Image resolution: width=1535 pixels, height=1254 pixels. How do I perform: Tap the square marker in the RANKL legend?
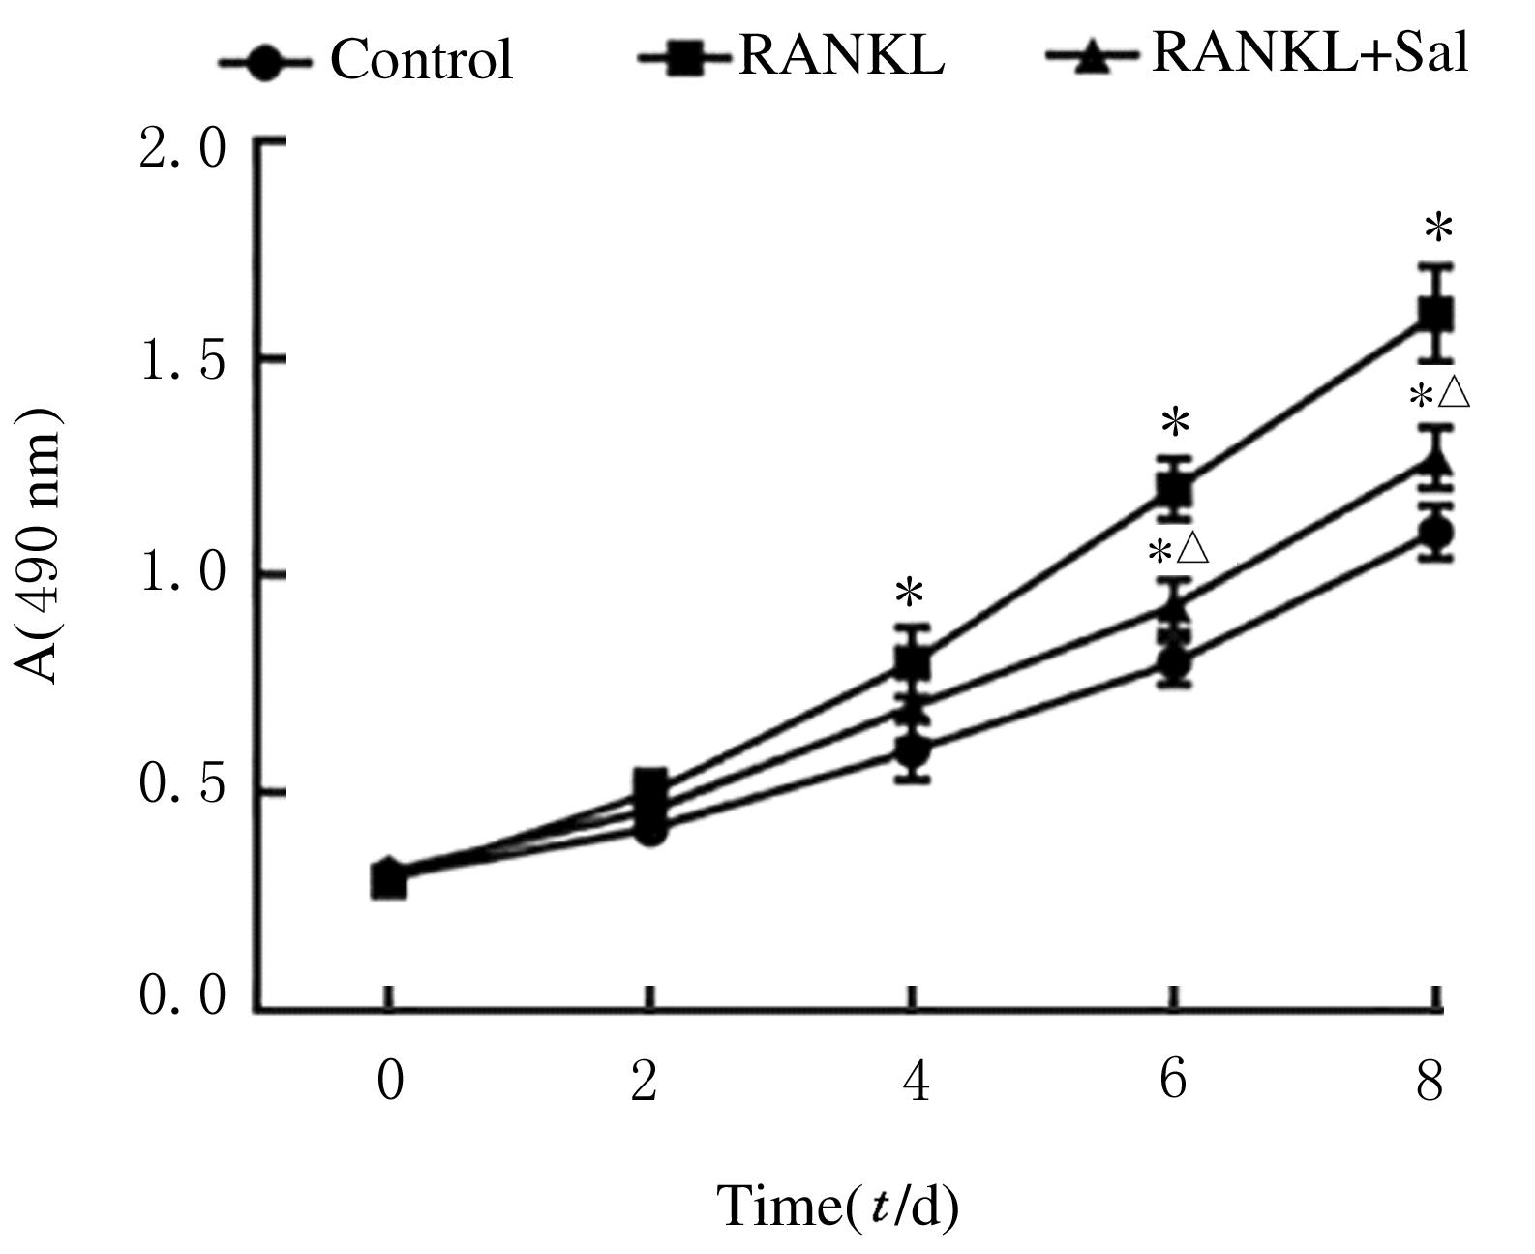[685, 59]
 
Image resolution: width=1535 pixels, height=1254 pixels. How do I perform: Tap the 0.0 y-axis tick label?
[181, 996]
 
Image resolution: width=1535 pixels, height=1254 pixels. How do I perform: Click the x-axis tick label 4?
[915, 1081]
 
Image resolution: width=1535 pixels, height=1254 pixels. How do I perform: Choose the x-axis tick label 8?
[1430, 1081]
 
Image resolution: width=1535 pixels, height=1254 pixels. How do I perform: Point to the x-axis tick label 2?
[645, 1081]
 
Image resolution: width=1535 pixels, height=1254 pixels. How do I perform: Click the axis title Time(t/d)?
[837, 1207]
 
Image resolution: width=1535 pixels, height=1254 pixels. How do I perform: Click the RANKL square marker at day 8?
[1435, 315]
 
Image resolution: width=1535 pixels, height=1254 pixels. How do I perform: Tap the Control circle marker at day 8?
[1436, 532]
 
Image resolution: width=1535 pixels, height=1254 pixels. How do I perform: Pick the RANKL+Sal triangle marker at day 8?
[1435, 459]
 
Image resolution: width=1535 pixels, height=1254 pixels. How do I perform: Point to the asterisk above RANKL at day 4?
[910, 592]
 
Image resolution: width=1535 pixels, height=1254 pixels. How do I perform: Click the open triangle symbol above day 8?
[1454, 393]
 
